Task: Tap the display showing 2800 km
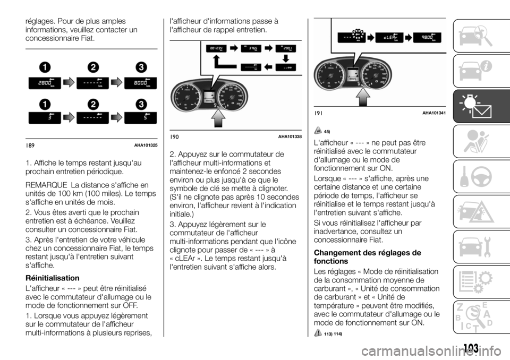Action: tap(44, 83)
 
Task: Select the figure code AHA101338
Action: tap(288, 136)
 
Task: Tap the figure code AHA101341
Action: tap(433, 113)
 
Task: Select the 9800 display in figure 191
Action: tap(424, 38)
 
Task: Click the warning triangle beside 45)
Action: tap(318, 131)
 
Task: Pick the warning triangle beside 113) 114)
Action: tap(318, 332)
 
